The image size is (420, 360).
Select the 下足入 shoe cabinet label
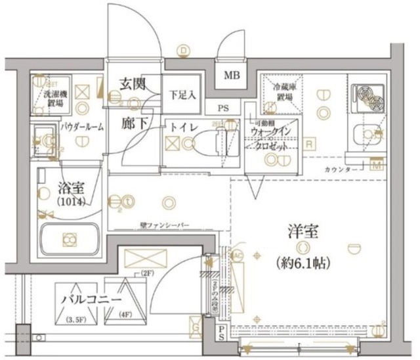click(183, 95)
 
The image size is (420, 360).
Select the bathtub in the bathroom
click(69, 240)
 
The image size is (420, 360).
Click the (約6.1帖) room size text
click(304, 263)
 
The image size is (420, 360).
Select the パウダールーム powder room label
click(82, 127)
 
